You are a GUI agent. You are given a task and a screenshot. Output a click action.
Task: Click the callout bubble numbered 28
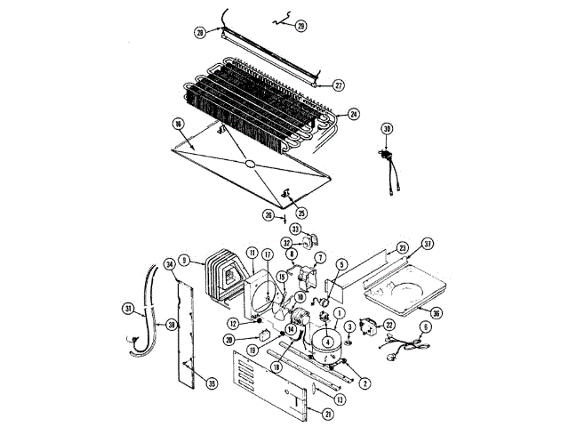[200, 33]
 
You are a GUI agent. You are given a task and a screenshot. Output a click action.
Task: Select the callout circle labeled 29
[301, 27]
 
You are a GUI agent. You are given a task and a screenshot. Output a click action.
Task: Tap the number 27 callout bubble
[339, 85]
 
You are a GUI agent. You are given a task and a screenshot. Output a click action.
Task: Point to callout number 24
[354, 114]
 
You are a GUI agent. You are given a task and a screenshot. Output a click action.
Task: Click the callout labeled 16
[178, 124]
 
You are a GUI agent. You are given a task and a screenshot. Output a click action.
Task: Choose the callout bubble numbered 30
[387, 129]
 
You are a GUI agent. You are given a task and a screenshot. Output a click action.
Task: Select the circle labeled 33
[296, 229]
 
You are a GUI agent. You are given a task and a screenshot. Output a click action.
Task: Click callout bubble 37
[428, 244]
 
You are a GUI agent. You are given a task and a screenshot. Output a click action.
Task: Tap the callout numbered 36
[437, 311]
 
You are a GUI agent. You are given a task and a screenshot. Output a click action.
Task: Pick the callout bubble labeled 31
[128, 309]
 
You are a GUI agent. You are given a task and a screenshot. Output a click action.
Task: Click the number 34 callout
[170, 264]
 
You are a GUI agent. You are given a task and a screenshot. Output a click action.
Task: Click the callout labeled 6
[425, 327]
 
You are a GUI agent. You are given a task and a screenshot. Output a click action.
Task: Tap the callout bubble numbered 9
[185, 261]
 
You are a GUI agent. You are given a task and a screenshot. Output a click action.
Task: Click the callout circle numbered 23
[402, 247]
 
